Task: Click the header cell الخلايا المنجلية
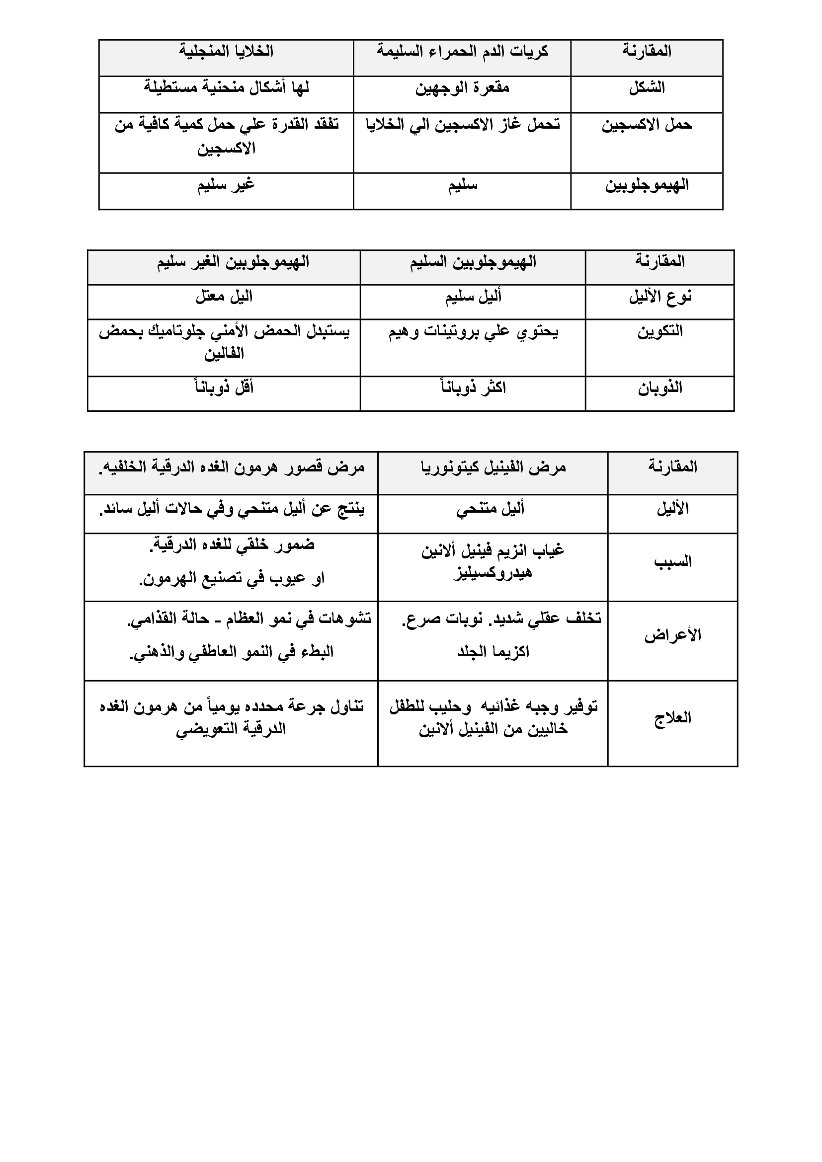pyautogui.click(x=226, y=52)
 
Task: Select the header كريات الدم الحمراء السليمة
pyautogui.click(x=462, y=52)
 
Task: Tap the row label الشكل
pyautogui.click(x=647, y=88)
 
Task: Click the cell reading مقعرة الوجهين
pyautogui.click(x=462, y=88)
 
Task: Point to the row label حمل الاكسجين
pyautogui.click(x=647, y=125)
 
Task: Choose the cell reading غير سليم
pyautogui.click(x=226, y=185)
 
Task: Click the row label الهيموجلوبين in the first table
pyautogui.click(x=647, y=185)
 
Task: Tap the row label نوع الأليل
pyautogui.click(x=659, y=297)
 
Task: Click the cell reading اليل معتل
pyautogui.click(x=224, y=297)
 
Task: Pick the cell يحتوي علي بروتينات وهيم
pyautogui.click(x=473, y=332)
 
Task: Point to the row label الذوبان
pyautogui.click(x=659, y=388)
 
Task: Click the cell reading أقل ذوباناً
pyautogui.click(x=224, y=387)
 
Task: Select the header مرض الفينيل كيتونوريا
pyautogui.click(x=493, y=467)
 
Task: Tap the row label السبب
pyautogui.click(x=672, y=562)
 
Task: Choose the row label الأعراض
pyautogui.click(x=672, y=635)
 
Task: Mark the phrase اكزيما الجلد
pyautogui.click(x=493, y=652)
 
